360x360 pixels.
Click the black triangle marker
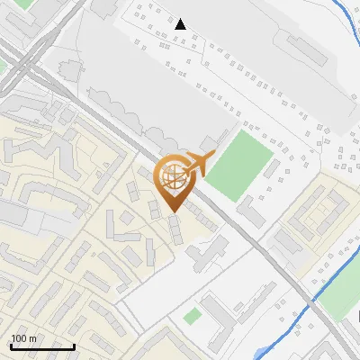[x=181, y=24]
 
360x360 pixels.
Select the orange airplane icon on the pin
[x=196, y=163]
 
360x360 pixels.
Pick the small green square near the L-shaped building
[x=192, y=316]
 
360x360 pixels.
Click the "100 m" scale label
[x=24, y=338]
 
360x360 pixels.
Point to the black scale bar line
[x=41, y=346]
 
